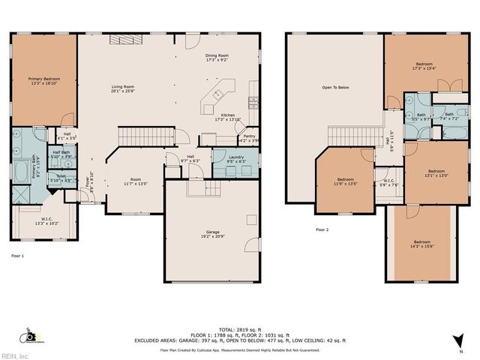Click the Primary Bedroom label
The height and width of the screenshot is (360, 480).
pyautogui.click(x=45, y=81)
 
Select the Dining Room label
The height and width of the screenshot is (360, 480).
pyautogui.click(x=217, y=58)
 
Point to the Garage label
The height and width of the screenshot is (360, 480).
pyautogui.click(x=213, y=235)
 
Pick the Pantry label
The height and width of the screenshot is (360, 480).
pyautogui.click(x=248, y=139)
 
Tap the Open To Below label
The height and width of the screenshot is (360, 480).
pyautogui.click(x=335, y=88)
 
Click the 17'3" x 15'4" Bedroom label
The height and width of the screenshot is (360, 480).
pyautogui.click(x=424, y=66)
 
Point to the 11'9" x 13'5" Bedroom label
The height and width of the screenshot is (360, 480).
pyautogui.click(x=346, y=181)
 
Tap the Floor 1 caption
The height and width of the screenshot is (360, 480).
pyautogui.click(x=17, y=256)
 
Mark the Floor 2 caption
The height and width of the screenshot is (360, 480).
pyautogui.click(x=322, y=229)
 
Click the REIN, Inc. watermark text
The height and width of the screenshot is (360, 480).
pyautogui.click(x=14, y=355)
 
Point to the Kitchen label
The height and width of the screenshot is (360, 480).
pyautogui.click(x=227, y=117)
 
